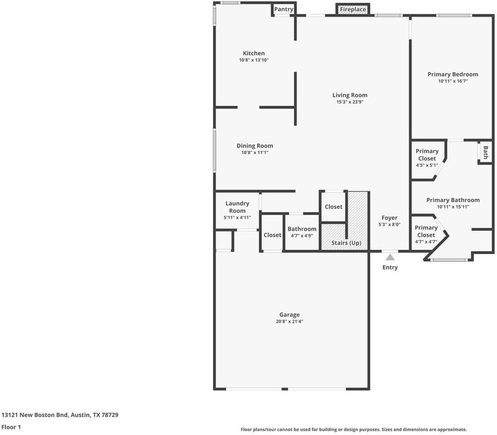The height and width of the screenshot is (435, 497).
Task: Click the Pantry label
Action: point(283,9)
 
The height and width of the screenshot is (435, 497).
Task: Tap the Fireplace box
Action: point(353,10)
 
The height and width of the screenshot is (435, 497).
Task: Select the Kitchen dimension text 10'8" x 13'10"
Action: point(254,60)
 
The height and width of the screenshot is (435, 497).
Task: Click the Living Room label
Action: point(350,95)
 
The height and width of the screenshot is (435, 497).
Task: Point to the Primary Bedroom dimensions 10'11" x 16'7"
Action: point(453,81)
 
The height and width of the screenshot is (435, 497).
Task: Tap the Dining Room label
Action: point(255,146)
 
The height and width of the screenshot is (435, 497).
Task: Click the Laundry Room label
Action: point(237,207)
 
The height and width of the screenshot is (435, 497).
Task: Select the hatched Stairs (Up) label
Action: point(347,243)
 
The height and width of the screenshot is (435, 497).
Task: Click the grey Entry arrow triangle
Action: point(390,257)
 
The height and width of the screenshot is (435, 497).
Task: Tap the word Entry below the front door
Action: point(390,267)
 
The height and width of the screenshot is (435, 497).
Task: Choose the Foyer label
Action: point(390,218)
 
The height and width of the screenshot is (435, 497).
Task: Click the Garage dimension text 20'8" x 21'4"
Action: point(290,322)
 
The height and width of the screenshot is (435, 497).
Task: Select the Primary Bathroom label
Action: point(453,200)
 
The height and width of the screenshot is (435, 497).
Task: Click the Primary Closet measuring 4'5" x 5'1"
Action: point(427,158)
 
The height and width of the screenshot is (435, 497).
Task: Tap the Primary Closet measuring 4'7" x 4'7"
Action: point(426,234)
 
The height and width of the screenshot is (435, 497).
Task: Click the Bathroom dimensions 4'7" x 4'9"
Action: point(302,236)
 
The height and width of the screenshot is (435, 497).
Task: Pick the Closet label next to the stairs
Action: point(333,207)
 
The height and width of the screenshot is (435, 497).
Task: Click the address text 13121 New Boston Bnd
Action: point(34,415)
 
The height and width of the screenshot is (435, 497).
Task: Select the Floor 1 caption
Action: point(11,427)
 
